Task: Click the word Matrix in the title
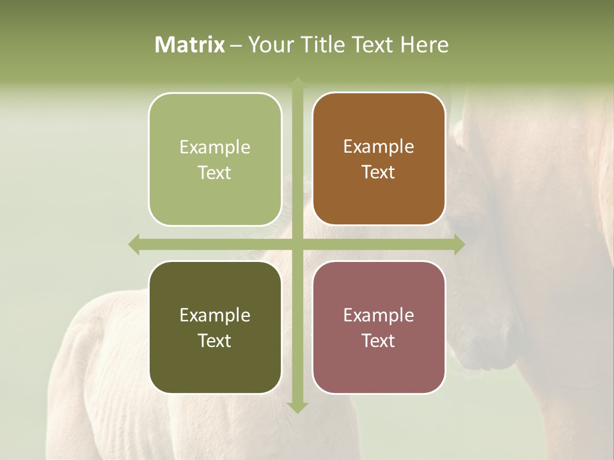tap(190, 45)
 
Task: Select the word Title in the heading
tap(324, 45)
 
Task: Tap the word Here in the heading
tap(425, 45)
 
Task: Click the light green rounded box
tap(215, 159)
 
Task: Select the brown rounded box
tap(379, 159)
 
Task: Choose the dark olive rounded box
tap(215, 327)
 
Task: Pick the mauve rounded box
tap(379, 327)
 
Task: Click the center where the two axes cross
tap(297, 244)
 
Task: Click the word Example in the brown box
tap(379, 146)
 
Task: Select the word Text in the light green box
tap(215, 172)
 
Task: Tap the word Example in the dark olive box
tap(215, 315)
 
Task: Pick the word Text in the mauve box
tap(379, 341)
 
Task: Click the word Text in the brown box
tap(379, 172)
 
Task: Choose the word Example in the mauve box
tap(379, 315)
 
